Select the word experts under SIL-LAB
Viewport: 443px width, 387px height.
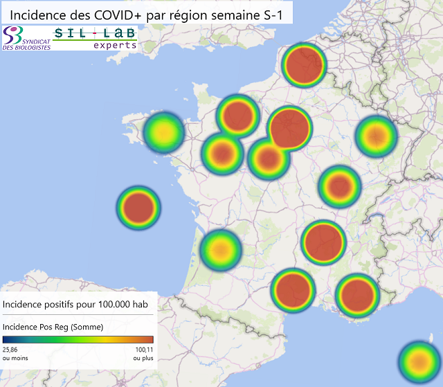pos(115,44)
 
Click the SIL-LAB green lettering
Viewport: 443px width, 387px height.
pos(95,33)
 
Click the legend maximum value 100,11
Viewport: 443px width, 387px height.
pos(144,350)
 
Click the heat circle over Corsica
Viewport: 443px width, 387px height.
pos(419,361)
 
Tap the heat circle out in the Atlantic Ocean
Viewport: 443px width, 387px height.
pos(138,206)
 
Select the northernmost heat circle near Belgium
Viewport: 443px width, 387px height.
pos(305,64)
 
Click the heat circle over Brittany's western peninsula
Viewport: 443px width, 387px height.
pos(163,131)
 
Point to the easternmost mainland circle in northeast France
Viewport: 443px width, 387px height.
pos(376,136)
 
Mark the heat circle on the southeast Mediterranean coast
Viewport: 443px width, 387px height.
pos(358,294)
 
